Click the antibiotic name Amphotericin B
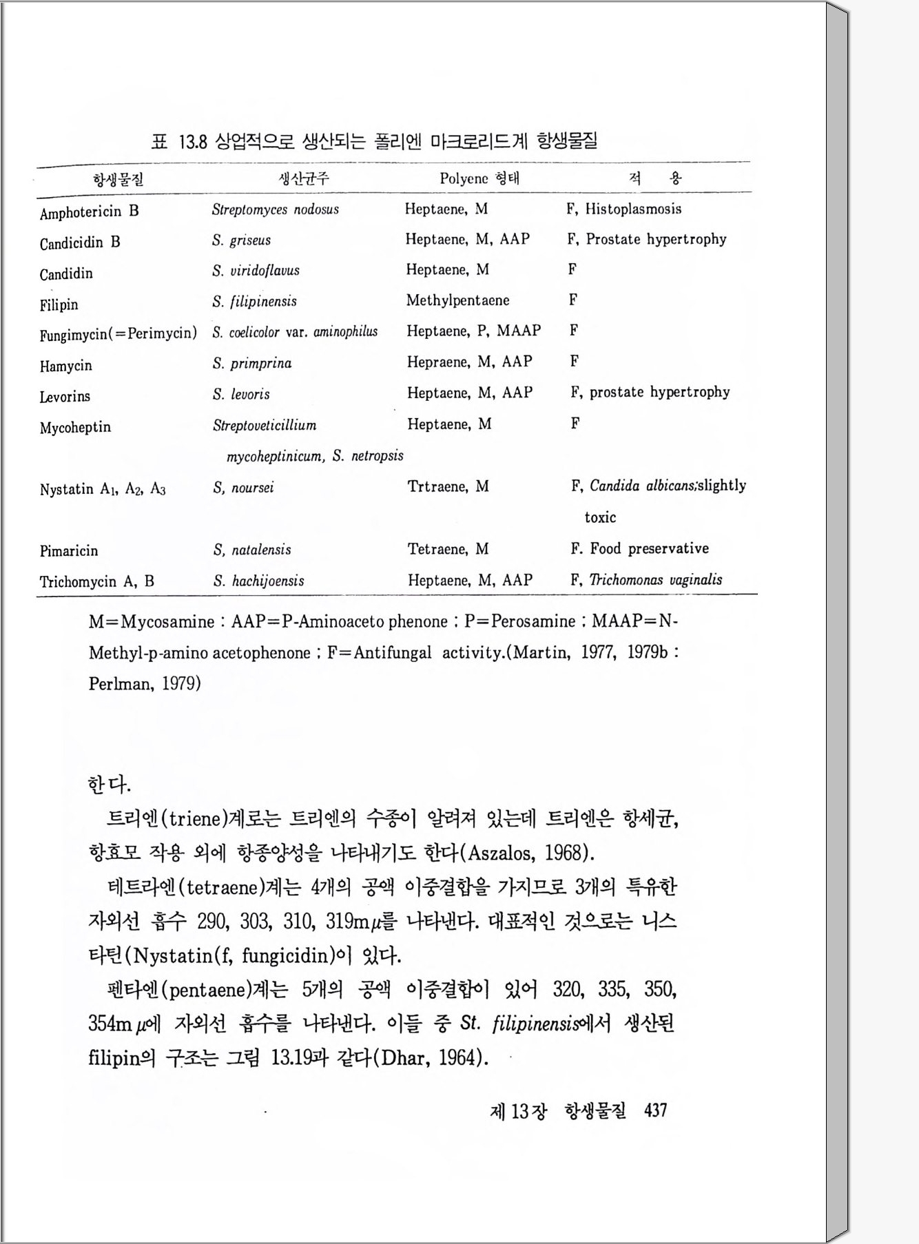tap(89, 212)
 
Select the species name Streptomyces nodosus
tap(275, 209)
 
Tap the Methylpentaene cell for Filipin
tap(457, 300)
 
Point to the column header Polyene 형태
tap(479, 179)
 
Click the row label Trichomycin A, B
tap(96, 581)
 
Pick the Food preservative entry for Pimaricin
tap(649, 549)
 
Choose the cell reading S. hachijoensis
tap(258, 581)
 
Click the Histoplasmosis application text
tap(633, 209)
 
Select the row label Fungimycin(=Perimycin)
tap(118, 334)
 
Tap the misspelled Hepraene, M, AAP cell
tap(469, 362)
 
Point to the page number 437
tap(655, 1111)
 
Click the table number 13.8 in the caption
tap(193, 143)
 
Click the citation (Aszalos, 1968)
tap(530, 853)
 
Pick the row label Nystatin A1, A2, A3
tap(102, 490)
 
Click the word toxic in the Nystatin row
tap(600, 517)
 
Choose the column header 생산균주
tap(303, 179)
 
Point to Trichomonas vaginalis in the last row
tap(655, 580)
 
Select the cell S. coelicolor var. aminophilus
tap(295, 332)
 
